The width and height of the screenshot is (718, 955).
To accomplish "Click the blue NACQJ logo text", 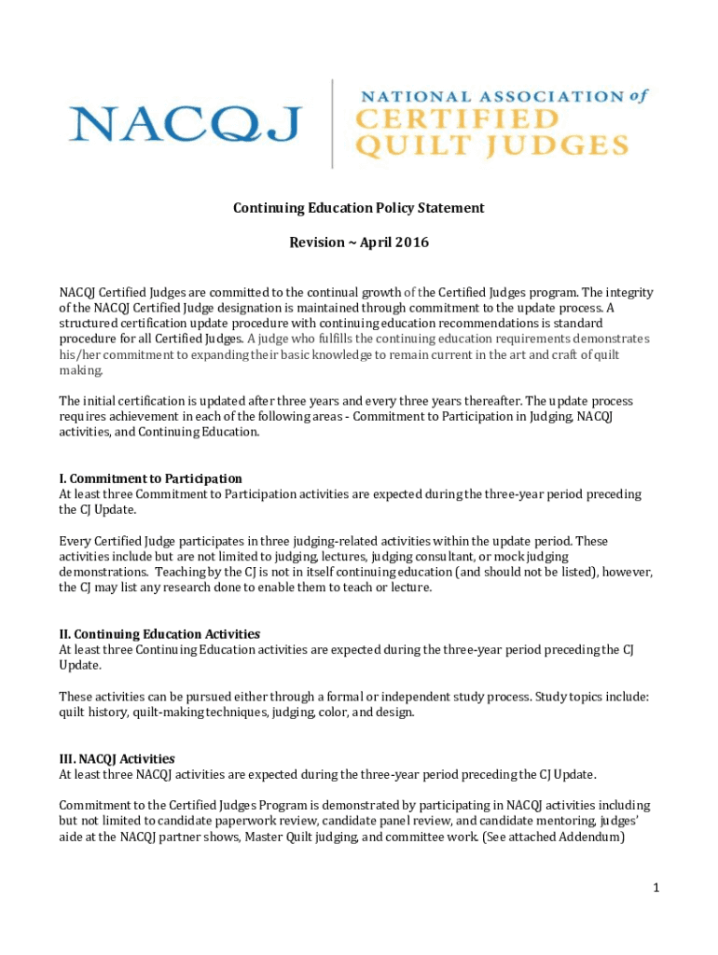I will (185, 123).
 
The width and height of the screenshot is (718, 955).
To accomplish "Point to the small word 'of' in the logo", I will (638, 94).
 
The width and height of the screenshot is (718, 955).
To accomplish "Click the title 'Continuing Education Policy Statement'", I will (359, 208).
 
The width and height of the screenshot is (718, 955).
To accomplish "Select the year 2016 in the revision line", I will (411, 242).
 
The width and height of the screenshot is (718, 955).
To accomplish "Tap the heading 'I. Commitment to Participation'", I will (150, 478).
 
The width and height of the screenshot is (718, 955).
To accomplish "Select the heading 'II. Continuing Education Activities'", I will (159, 634).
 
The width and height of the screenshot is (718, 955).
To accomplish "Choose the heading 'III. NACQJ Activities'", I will (117, 758).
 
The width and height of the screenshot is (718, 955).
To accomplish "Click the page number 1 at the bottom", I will (656, 888).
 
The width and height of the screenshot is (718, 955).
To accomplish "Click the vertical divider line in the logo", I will (332, 123).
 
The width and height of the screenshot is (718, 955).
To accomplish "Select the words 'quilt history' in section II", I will (90, 712).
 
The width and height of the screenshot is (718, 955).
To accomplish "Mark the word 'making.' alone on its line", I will (81, 370).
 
